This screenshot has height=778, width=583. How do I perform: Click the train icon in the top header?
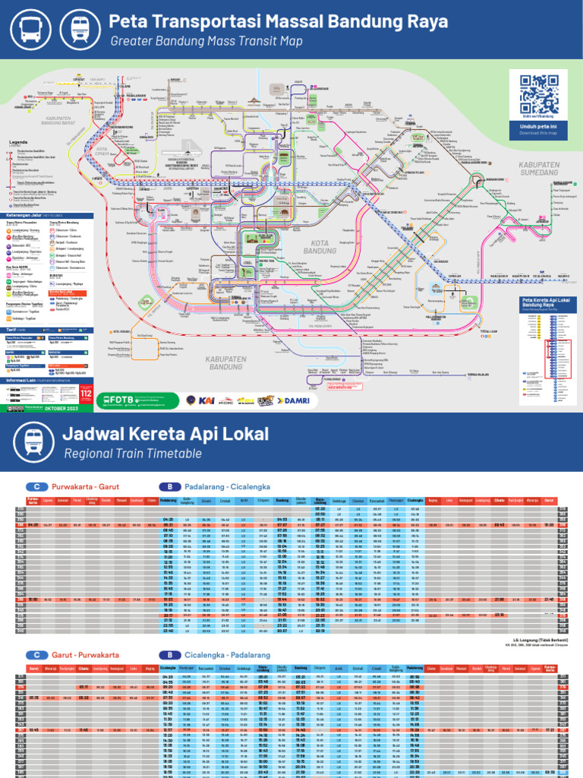point(79,29)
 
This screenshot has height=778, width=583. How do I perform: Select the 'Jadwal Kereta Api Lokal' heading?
point(165,435)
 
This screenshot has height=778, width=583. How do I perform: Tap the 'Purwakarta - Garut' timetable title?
point(83,487)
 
